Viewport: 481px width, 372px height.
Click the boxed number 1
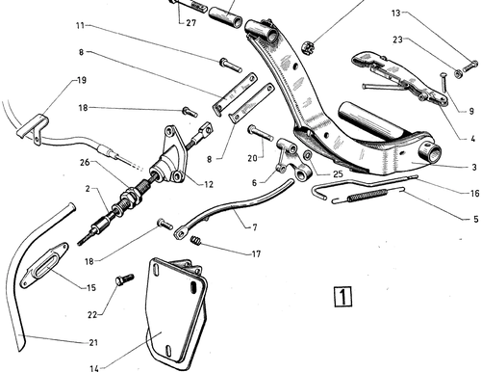[342, 297]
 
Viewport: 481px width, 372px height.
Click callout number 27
[190, 23]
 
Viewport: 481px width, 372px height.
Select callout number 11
[80, 25]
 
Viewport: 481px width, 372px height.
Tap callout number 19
[82, 80]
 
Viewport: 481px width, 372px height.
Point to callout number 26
[85, 163]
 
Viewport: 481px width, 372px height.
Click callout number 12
[209, 184]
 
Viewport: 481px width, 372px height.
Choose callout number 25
[338, 173]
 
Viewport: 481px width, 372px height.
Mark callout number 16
[474, 193]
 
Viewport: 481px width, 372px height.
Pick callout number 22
[92, 315]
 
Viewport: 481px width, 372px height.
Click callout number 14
[94, 368]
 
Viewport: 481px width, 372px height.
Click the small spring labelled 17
[196, 240]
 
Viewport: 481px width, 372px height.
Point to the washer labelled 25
[307, 155]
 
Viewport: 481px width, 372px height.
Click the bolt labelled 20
[260, 133]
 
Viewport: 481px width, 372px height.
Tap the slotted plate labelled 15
[44, 265]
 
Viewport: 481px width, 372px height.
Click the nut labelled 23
[458, 73]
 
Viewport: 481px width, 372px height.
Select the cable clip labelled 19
[34, 128]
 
